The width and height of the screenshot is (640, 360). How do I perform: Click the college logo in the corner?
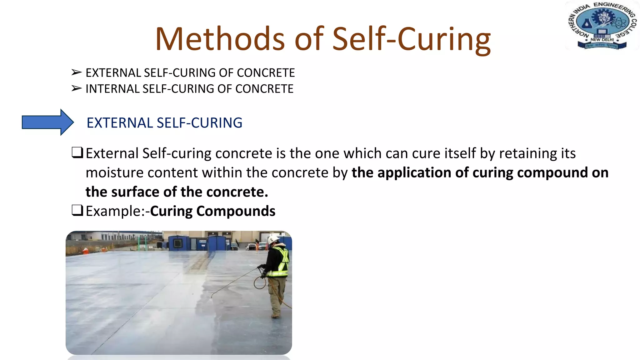pyautogui.click(x=602, y=26)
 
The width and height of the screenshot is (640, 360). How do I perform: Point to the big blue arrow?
pyautogui.click(x=47, y=122)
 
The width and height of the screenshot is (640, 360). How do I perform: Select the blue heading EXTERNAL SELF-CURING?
pyautogui.click(x=164, y=123)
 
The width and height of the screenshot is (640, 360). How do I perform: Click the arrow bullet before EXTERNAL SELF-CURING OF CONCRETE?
pyautogui.click(x=76, y=72)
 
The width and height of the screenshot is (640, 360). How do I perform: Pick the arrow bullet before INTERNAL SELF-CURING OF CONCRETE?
pyautogui.click(x=76, y=89)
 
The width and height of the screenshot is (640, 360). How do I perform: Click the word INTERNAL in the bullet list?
pyautogui.click(x=112, y=89)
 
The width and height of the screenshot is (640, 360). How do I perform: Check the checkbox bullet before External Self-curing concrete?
pyautogui.click(x=77, y=153)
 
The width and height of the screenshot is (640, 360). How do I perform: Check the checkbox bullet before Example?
pyautogui.click(x=77, y=210)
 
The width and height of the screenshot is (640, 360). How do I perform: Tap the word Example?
pyautogui.click(x=114, y=211)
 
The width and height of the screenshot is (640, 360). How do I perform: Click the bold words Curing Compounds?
pyautogui.click(x=212, y=211)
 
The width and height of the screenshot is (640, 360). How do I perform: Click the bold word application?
pyautogui.click(x=413, y=173)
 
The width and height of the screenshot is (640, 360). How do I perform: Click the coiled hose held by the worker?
pyautogui.click(x=260, y=282)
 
